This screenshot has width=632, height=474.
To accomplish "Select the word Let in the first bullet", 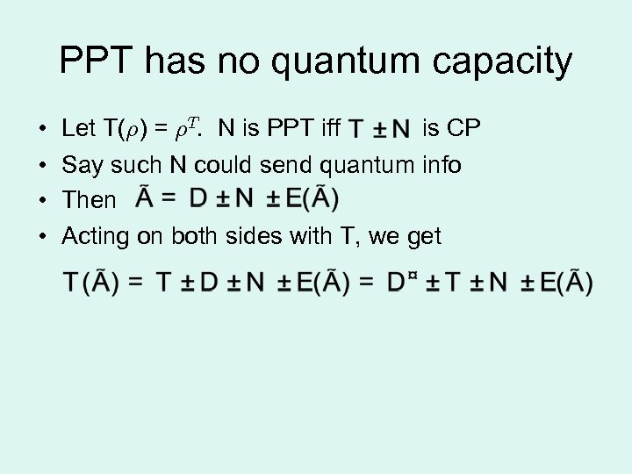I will point(79,129).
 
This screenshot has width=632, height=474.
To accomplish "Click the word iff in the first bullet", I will point(331,129).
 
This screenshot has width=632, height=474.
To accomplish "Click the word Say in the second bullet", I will point(83,165).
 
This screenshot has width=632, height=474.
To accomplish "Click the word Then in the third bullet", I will point(89,200).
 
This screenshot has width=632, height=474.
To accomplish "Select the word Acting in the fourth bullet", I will point(96,236).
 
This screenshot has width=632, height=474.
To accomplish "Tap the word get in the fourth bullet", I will point(425,237).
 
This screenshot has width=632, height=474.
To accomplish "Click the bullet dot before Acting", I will point(42,236).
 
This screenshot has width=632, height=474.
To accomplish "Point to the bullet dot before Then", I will point(42,200).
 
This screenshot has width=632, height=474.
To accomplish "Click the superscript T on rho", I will point(196,123).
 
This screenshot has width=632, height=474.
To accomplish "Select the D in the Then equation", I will point(199,199).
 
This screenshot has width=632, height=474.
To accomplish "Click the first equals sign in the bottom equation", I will point(136,283).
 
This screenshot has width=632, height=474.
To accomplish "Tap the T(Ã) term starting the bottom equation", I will point(92,283).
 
